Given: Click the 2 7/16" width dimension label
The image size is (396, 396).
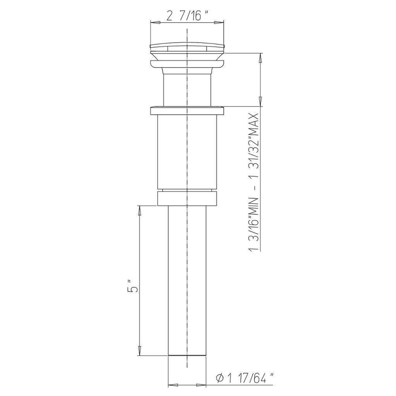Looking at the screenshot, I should pyautogui.click(x=187, y=17).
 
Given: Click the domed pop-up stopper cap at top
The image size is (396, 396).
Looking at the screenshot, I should pyautogui.click(x=187, y=47).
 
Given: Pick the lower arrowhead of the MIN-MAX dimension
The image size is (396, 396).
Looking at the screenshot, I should pyautogui.click(x=260, y=102).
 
